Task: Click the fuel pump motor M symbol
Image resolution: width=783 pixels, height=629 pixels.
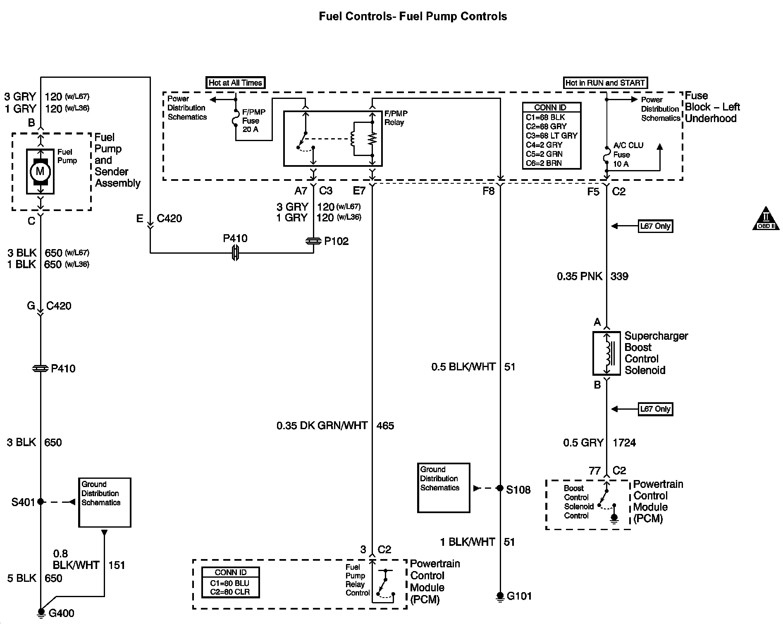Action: pos(40,171)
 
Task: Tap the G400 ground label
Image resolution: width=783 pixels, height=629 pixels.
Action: pos(62,613)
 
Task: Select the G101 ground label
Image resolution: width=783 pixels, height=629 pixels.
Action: pos(519,596)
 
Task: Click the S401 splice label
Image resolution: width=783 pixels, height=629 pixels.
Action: pos(23,502)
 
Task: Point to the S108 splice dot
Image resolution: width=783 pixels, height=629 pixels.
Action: pos(500,488)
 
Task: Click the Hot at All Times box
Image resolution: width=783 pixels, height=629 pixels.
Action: pos(235,83)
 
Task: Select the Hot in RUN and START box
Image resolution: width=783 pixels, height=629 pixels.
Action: pos(605,83)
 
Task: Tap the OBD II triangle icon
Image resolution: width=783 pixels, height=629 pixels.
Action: pos(766,218)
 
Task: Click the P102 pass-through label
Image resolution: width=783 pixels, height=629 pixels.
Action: pos(337,241)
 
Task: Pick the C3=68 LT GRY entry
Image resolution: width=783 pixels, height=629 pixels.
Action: pos(551,136)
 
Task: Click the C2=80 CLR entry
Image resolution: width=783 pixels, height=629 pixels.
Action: pos(230,592)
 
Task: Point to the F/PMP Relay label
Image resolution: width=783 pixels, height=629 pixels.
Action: pos(396,118)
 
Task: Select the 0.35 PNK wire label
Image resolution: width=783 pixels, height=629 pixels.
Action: pos(580,276)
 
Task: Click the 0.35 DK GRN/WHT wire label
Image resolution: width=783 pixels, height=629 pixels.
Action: pos(322,425)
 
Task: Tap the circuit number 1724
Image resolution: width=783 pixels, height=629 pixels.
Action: pos(624,443)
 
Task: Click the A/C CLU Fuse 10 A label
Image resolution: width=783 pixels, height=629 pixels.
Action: pos(628,155)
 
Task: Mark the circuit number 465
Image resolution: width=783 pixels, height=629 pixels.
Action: pos(385,425)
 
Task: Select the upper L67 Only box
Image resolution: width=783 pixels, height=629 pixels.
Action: pos(655,226)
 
